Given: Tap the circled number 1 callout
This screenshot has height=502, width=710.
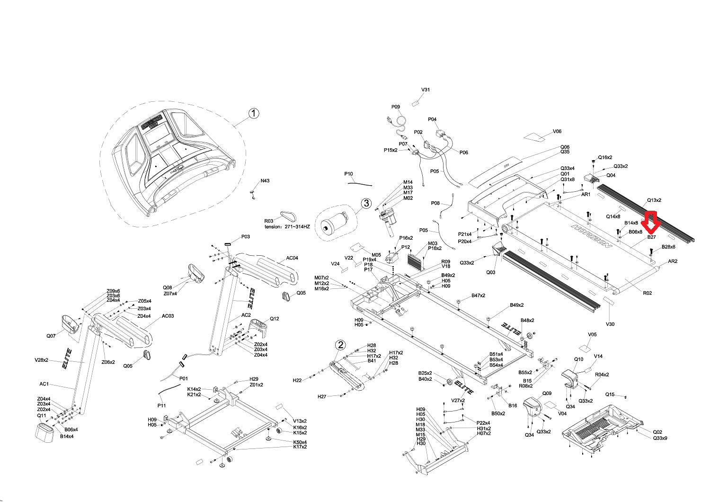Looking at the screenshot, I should pos(254,113).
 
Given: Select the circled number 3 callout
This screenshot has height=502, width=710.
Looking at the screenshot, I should pos(366,203).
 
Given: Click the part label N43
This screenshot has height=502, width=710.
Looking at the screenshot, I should pos(265,181).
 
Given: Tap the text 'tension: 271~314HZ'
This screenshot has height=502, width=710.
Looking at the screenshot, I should pos(287,227).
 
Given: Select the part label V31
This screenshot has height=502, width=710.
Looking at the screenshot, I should pos(426,90).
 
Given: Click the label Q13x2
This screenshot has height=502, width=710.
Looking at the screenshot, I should pos(654,200).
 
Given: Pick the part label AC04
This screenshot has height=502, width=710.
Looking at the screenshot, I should pos(292,259).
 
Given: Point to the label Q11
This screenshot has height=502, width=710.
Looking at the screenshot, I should pos(42,415).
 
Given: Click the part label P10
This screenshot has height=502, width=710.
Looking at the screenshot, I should pos(349,174).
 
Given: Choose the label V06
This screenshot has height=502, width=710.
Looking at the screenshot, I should pos(557,132).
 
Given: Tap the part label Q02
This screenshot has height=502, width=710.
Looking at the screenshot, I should pos(657,432).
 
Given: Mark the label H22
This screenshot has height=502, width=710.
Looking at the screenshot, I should pos(297,380).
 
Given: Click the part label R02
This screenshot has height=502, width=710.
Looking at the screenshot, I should pos(647,293).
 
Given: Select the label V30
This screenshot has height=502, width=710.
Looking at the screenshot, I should pos(610,324).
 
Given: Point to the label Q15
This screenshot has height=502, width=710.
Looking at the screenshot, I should pos(610,394).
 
